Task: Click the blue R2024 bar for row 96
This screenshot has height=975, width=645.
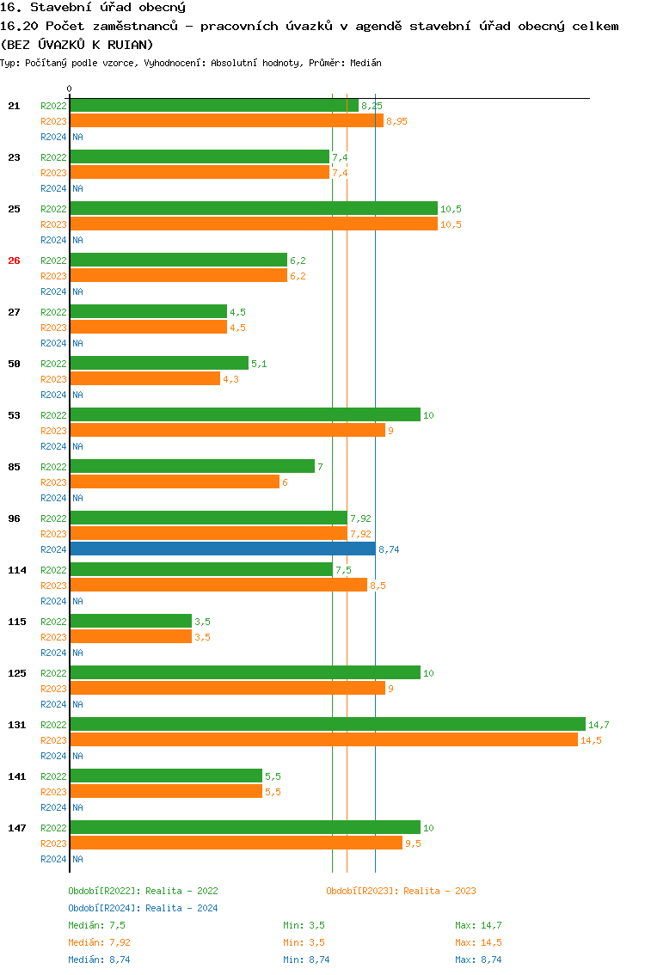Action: point(222,549)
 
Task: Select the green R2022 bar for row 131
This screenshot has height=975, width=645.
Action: point(327,724)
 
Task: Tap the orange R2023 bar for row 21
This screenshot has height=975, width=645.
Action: point(226,120)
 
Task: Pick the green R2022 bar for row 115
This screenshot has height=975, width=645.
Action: point(131,621)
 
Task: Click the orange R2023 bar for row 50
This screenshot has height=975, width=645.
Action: point(144,378)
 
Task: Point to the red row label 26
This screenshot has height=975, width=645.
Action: point(14,261)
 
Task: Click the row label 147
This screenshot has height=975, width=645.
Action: point(16,828)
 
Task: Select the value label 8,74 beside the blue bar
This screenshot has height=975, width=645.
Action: point(389,549)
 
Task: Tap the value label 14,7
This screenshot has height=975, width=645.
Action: point(599,725)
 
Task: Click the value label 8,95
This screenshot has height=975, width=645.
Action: point(396,121)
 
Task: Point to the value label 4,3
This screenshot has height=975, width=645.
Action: point(230,379)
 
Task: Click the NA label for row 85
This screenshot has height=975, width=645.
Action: point(77,498)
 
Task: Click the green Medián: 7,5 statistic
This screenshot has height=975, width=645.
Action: point(96,925)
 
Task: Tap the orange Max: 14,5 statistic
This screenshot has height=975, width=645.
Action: point(478,942)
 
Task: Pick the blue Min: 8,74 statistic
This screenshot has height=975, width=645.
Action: point(306,960)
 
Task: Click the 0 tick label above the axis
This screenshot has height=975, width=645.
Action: point(70,89)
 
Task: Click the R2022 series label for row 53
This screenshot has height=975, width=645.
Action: point(53,415)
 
